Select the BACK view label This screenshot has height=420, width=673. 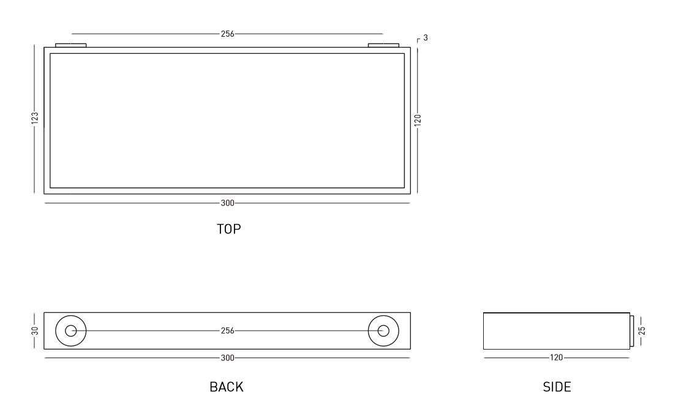[226, 387]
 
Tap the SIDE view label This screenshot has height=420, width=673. [557, 387]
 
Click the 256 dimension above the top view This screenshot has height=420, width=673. [227, 34]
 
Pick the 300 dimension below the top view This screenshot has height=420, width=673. [227, 202]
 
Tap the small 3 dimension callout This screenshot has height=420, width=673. [426, 38]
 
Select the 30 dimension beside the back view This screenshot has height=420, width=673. [35, 331]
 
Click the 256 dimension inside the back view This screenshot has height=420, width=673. [227, 331]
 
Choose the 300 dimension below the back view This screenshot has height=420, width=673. [227, 357]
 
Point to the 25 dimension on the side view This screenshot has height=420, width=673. [642, 331]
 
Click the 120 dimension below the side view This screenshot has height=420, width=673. [557, 357]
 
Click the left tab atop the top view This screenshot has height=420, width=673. [71, 45]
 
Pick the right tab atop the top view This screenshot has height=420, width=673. [383, 45]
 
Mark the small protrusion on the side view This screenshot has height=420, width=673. [631, 331]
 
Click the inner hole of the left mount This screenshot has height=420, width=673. [71, 331]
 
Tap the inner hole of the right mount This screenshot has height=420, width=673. [383, 331]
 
